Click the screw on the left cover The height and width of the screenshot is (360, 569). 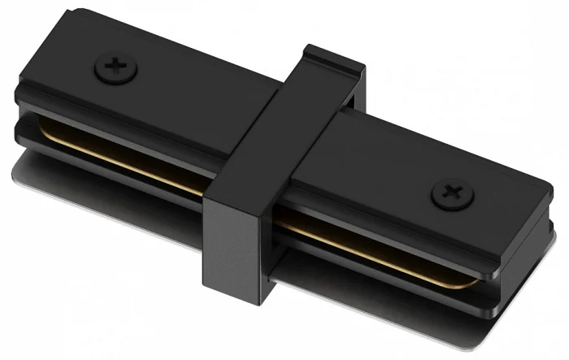pyautogui.click(x=114, y=67)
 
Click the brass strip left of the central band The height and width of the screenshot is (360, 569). pyautogui.click(x=122, y=154)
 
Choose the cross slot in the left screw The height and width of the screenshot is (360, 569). pyautogui.click(x=114, y=67)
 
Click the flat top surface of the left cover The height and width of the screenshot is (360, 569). pyautogui.click(x=179, y=89)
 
